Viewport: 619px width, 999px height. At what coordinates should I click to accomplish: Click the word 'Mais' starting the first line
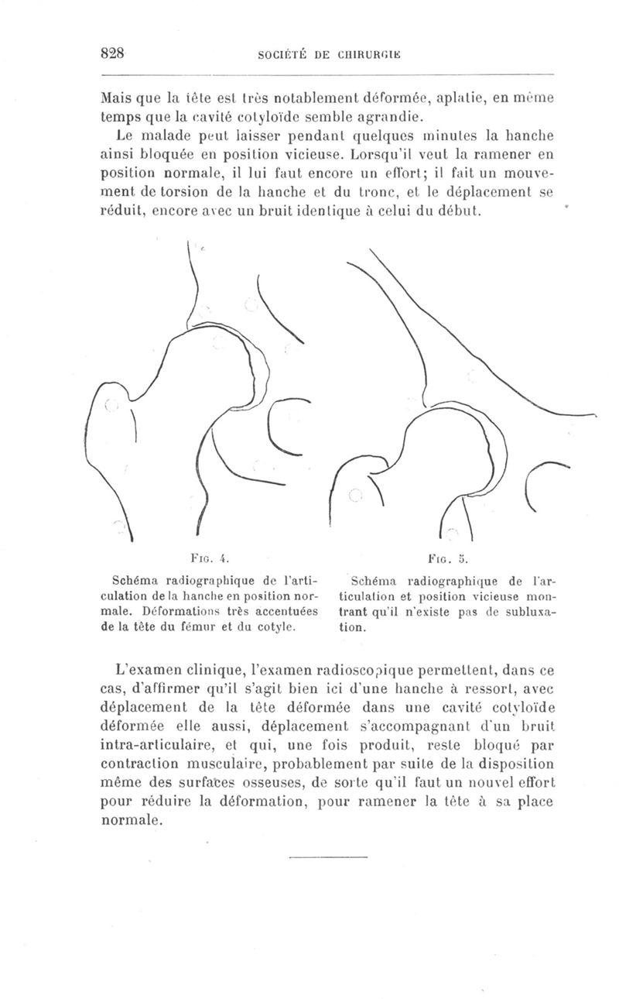coord(117,100)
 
